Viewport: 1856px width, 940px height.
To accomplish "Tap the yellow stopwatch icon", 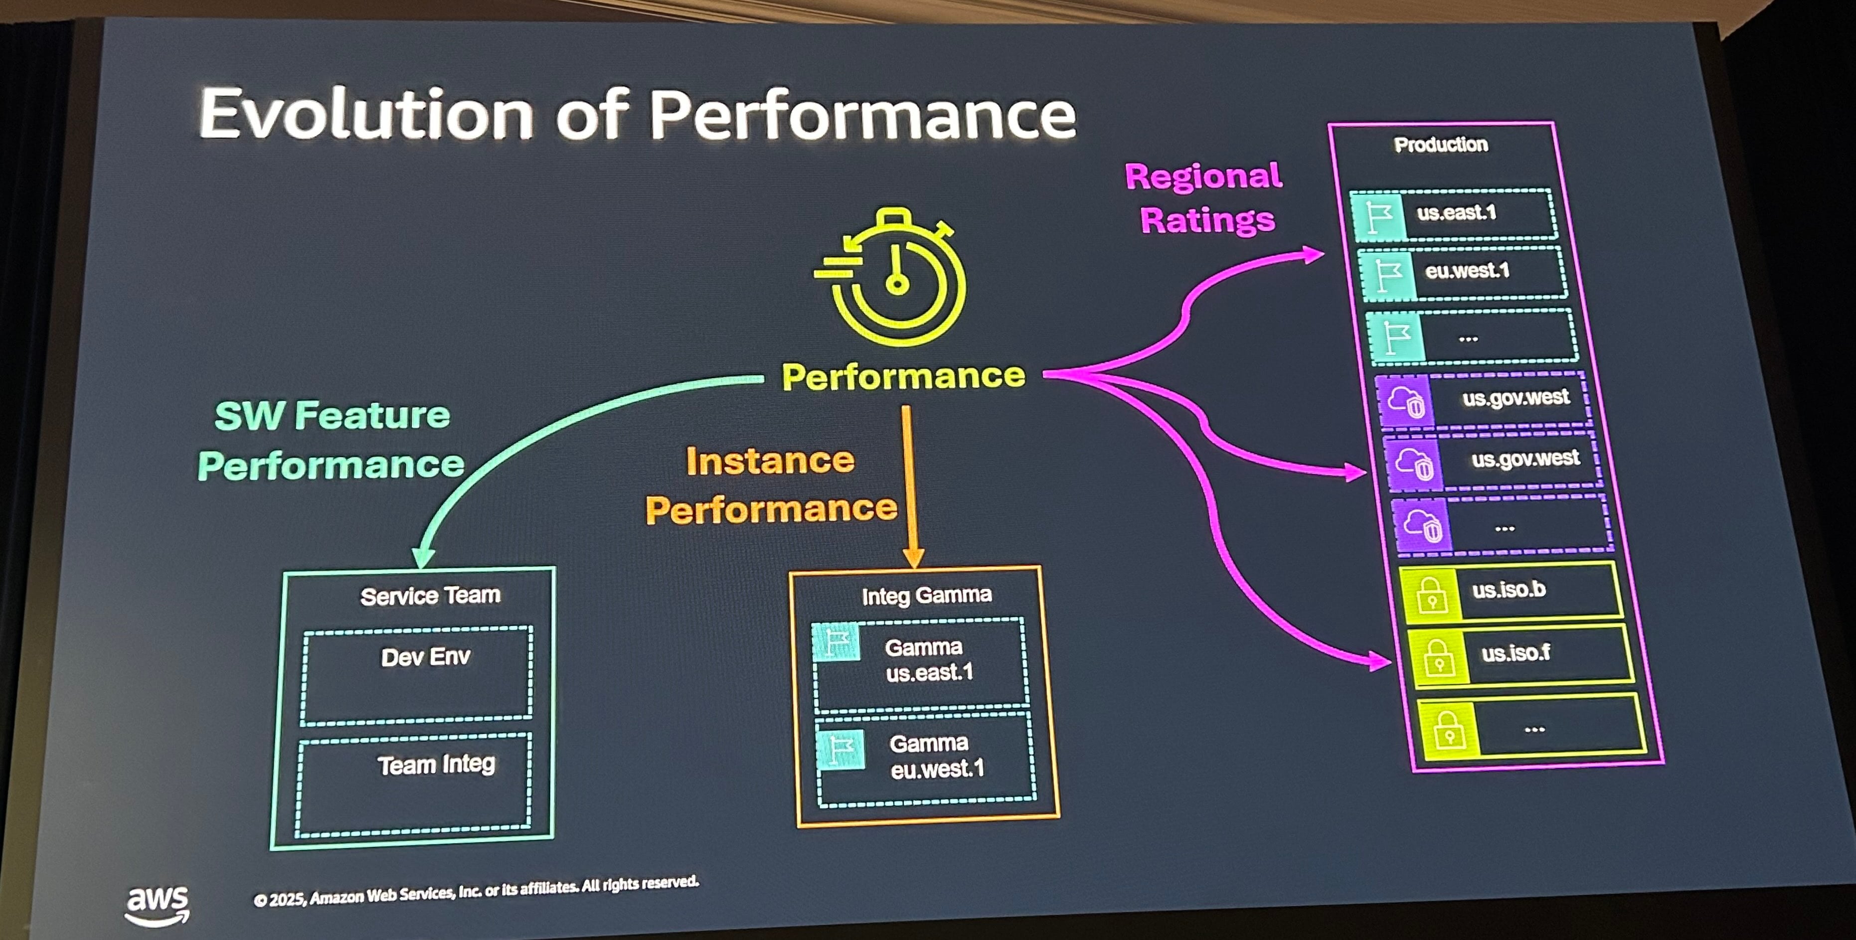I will point(892,277).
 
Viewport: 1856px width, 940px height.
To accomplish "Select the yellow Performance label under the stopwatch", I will point(903,376).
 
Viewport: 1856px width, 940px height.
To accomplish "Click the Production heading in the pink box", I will point(1440,145).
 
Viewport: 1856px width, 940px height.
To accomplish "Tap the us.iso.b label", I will point(1509,590).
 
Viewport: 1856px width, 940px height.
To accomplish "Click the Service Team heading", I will point(430,596).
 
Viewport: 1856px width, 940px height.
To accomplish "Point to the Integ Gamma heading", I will point(927,596).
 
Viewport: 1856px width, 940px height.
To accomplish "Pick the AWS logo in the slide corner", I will point(157,904).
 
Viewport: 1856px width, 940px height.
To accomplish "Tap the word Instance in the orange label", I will point(770,461).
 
